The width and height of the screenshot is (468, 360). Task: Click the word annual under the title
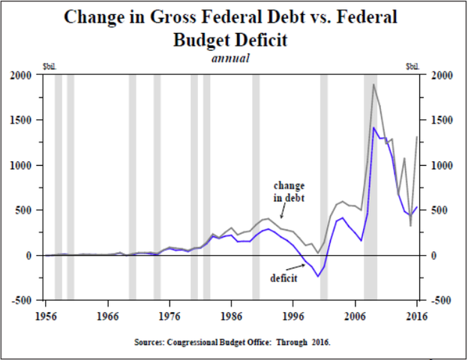[x=233, y=57]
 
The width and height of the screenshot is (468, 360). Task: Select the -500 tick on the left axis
[x=21, y=301]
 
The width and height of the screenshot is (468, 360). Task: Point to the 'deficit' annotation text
[x=284, y=277]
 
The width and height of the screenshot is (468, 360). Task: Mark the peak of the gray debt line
[x=373, y=84]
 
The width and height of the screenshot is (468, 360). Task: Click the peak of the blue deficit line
[x=373, y=127]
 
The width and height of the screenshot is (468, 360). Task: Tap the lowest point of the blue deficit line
[x=318, y=277]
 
